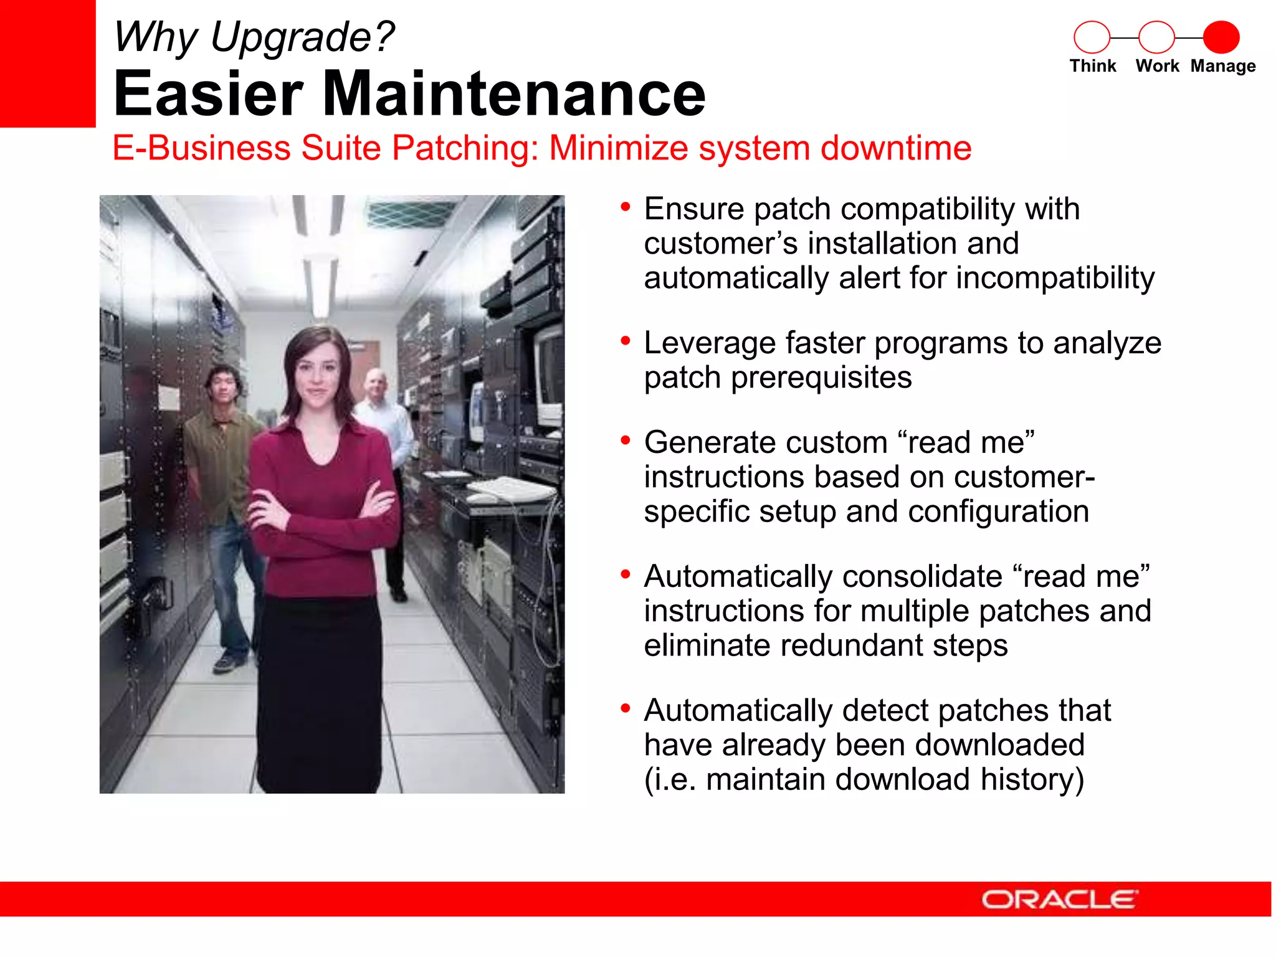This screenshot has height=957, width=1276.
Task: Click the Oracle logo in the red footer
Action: pyautogui.click(x=1059, y=899)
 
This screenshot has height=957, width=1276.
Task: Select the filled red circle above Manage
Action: pyautogui.click(x=1221, y=37)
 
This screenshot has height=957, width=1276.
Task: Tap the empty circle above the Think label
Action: pyautogui.click(x=1092, y=37)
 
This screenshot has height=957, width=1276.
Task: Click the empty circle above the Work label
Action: pyautogui.click(x=1156, y=37)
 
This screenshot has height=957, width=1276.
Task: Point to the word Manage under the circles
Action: pyautogui.click(x=1222, y=66)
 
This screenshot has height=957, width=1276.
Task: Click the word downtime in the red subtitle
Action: pyautogui.click(x=895, y=148)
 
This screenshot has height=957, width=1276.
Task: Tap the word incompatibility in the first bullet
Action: pyautogui.click(x=1055, y=278)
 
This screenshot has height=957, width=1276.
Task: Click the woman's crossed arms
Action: pyautogui.click(x=321, y=508)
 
